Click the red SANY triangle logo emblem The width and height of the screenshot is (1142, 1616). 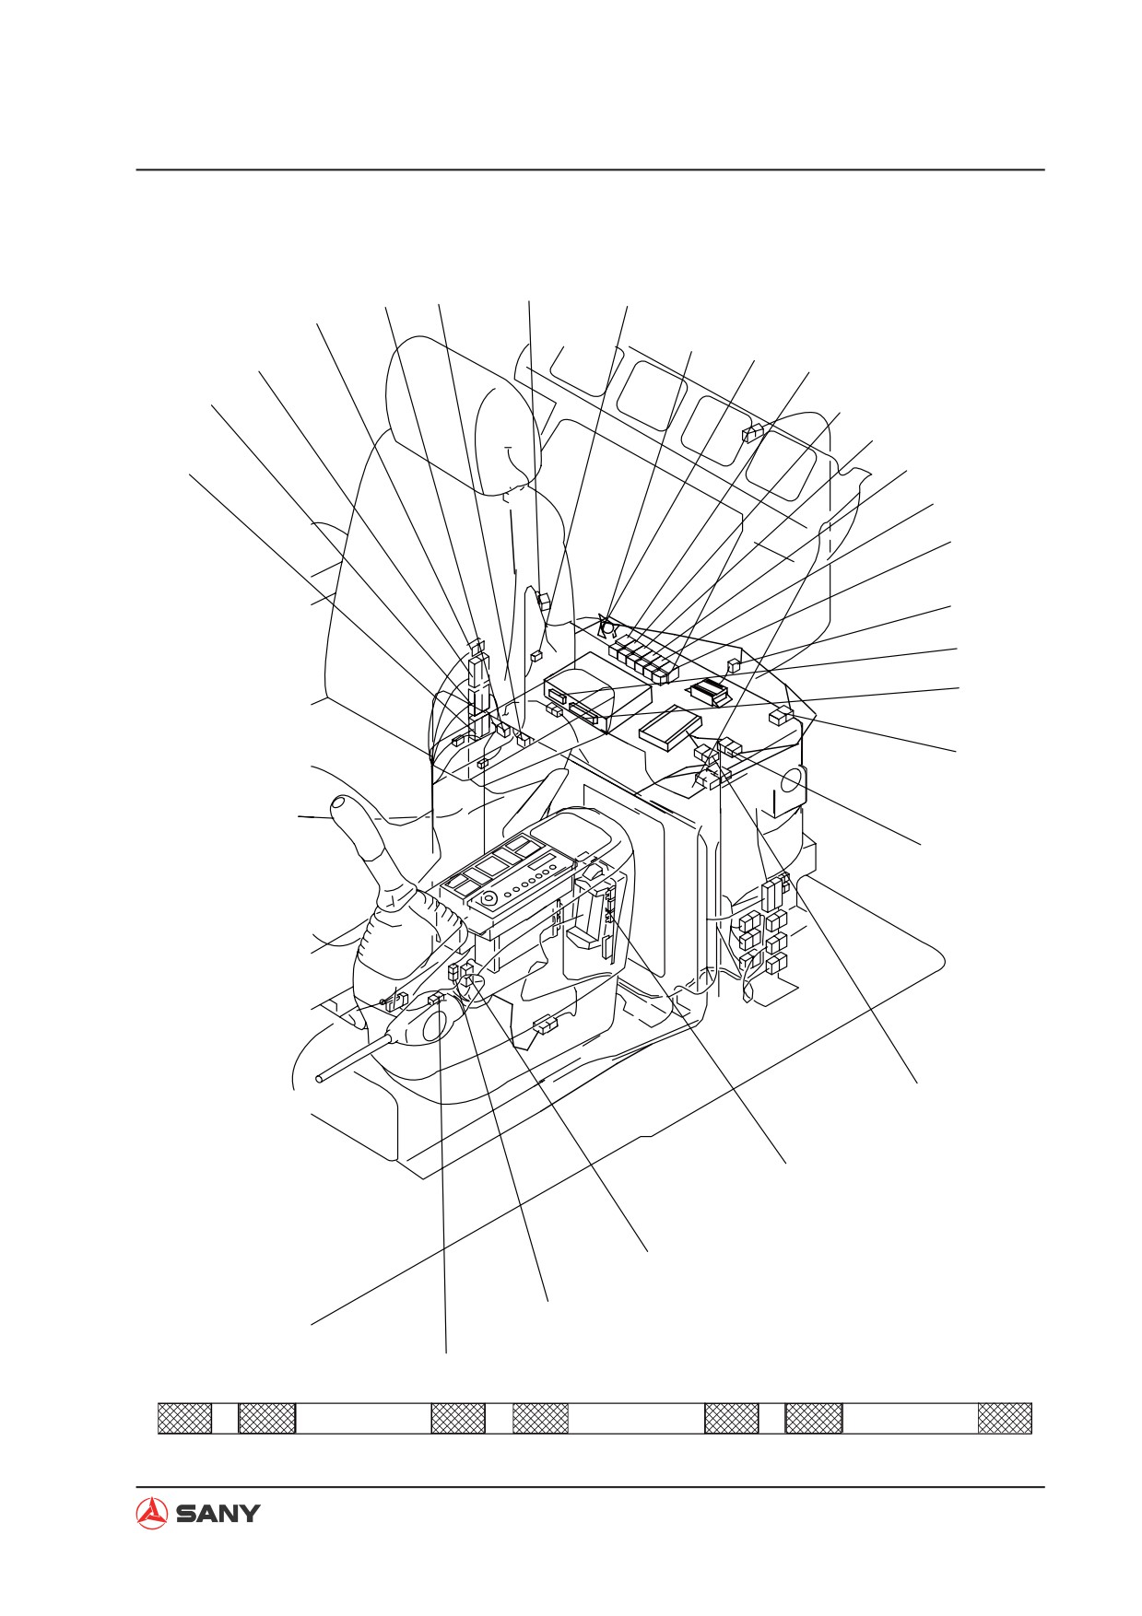click(x=151, y=1513)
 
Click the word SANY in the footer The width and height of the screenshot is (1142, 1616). click(x=218, y=1514)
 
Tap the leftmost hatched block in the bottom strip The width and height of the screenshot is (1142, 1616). click(x=184, y=1418)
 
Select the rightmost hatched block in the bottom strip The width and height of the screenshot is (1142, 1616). click(x=1005, y=1418)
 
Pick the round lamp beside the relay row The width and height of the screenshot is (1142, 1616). click(x=608, y=628)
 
